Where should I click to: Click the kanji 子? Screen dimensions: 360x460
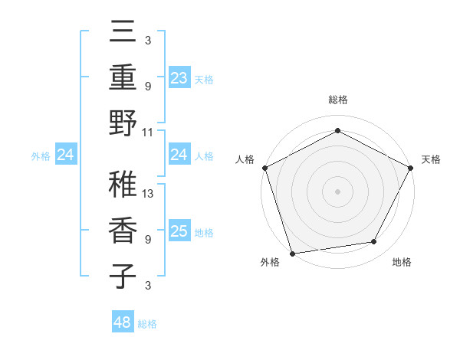(x=123, y=276)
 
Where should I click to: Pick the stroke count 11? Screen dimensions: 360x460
(x=148, y=132)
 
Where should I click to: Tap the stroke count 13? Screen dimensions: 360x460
(x=148, y=194)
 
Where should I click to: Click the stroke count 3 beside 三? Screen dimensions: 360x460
(x=147, y=40)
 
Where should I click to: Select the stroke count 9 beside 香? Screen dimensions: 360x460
(x=147, y=240)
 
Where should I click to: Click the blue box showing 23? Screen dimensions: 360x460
(x=179, y=77)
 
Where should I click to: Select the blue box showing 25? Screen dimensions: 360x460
(x=179, y=231)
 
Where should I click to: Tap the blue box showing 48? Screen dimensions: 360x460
(x=122, y=322)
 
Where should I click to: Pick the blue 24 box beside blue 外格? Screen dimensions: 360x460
(x=66, y=155)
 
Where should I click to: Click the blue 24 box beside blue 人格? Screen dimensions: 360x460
(x=179, y=155)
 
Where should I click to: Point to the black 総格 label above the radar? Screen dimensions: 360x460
(x=337, y=100)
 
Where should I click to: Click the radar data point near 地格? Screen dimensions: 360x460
(x=374, y=242)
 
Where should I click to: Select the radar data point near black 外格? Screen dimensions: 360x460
(x=292, y=253)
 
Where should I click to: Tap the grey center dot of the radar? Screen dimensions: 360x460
(x=337, y=191)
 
